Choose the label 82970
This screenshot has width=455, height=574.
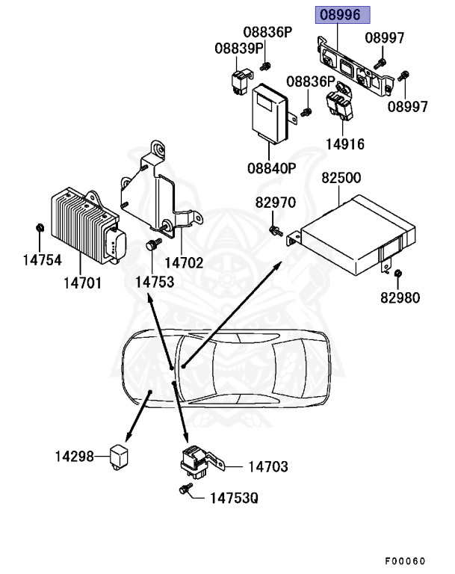click(276, 203)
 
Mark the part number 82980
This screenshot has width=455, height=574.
click(399, 298)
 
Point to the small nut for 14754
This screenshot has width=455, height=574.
click(40, 227)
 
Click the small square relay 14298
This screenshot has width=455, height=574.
click(120, 454)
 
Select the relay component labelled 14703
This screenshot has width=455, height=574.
click(196, 463)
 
